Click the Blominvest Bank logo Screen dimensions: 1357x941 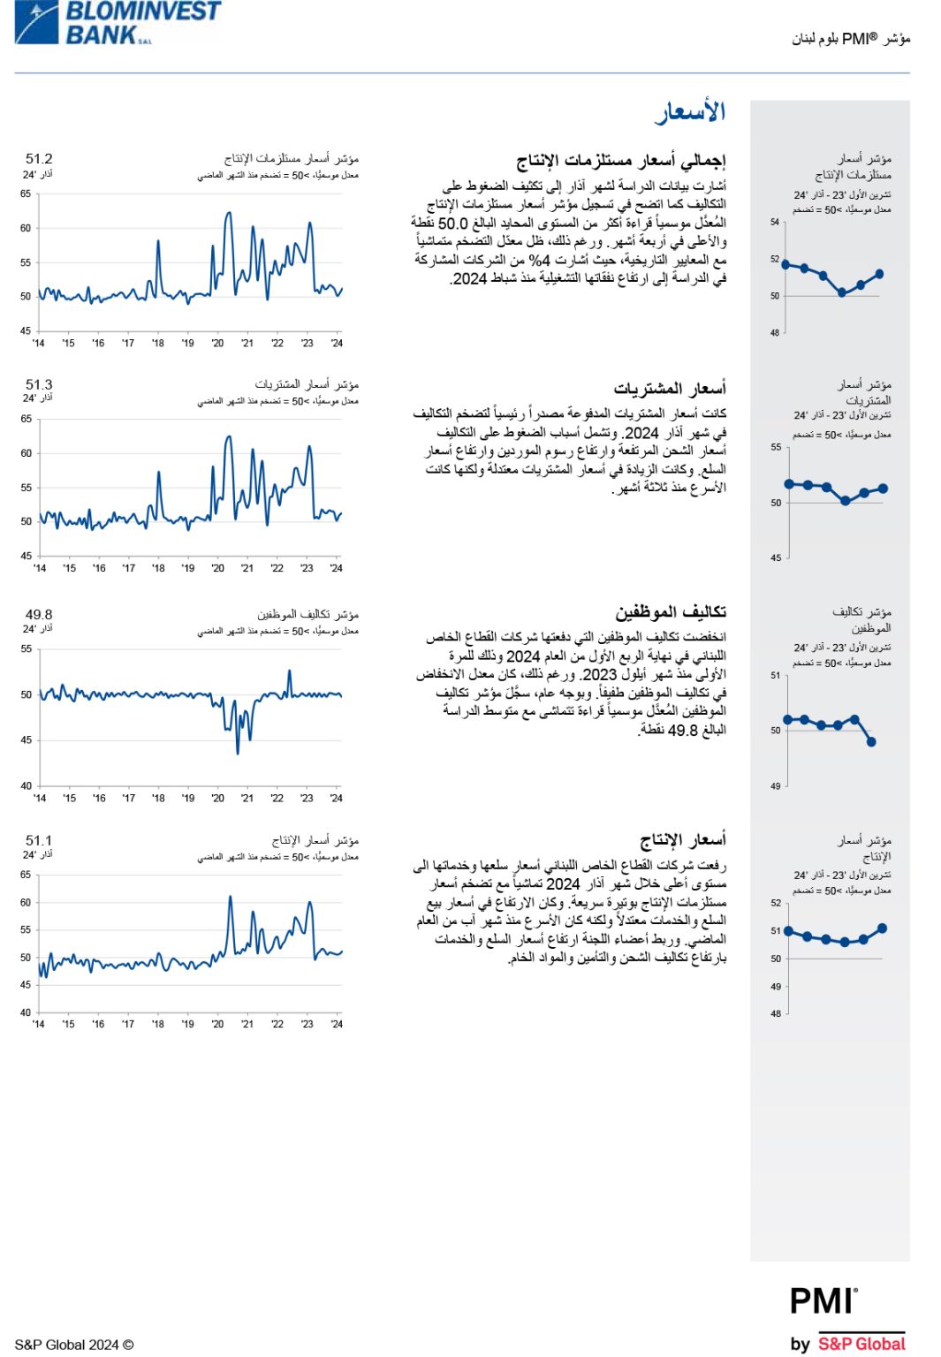point(118,23)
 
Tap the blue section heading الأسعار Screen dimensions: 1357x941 point(689,112)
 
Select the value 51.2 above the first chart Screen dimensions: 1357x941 point(39,159)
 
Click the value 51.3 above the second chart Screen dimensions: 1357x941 point(39,384)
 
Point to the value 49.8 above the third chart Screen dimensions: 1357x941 point(39,614)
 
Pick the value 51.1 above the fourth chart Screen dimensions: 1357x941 point(39,840)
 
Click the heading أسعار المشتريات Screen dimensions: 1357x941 point(670,388)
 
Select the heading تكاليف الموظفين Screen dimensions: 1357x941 point(671,612)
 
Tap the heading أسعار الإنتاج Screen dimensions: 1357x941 point(683,839)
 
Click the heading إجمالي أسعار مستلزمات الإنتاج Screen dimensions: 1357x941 point(620,160)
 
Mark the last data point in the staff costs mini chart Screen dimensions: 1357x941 point(871,742)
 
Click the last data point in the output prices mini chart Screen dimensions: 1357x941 point(882,929)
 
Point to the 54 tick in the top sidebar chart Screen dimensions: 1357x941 point(775,223)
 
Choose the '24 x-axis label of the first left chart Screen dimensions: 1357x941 point(337,343)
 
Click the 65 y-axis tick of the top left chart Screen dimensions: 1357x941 point(26,193)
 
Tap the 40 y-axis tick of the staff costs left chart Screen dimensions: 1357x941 point(26,785)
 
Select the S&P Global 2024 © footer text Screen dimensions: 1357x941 point(74,1345)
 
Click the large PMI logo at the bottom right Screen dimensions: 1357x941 point(823,1301)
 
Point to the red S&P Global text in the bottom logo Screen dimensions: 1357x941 point(861,1344)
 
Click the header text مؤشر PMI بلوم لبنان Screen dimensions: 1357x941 point(851,39)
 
